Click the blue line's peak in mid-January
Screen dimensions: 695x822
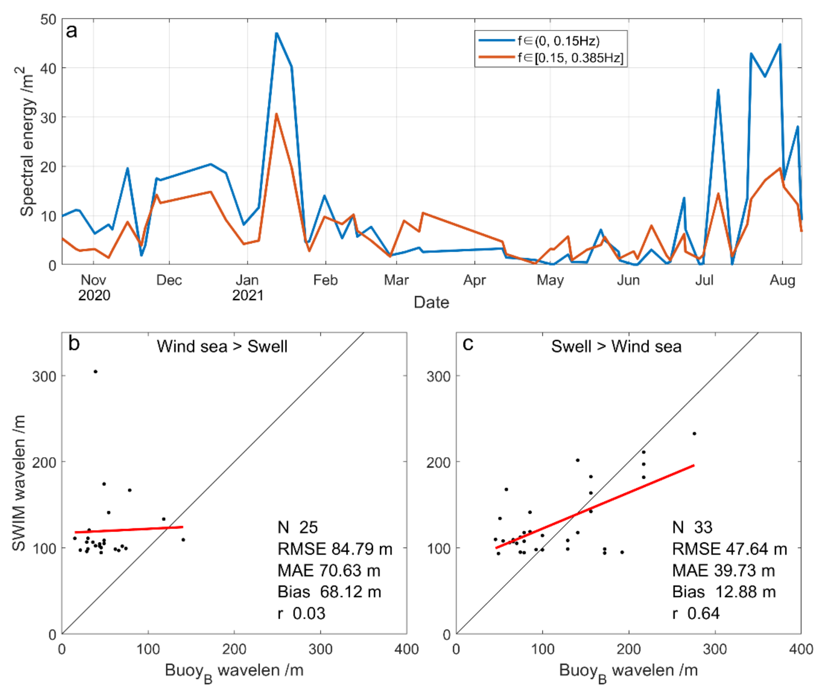(x=277, y=34)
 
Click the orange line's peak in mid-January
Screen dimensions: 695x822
(x=277, y=114)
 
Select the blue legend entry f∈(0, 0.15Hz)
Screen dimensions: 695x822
(x=558, y=41)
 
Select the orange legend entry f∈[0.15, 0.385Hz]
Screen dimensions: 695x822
(x=570, y=58)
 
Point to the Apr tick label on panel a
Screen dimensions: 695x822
(x=474, y=280)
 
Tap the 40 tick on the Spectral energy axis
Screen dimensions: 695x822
(x=48, y=68)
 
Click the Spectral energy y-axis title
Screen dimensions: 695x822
(x=27, y=142)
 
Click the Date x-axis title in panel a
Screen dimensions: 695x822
(x=431, y=302)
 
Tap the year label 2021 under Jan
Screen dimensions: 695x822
(x=248, y=295)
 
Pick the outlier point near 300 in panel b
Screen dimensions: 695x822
(x=95, y=372)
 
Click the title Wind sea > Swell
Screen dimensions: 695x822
(x=222, y=346)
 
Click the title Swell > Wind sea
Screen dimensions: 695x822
(x=616, y=346)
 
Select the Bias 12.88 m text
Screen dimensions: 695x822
(x=724, y=592)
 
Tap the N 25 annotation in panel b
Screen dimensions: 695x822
(x=298, y=527)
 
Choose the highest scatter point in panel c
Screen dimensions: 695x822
(x=694, y=434)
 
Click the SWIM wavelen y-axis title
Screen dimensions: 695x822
(x=19, y=483)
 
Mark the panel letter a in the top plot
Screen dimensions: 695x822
(x=71, y=31)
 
